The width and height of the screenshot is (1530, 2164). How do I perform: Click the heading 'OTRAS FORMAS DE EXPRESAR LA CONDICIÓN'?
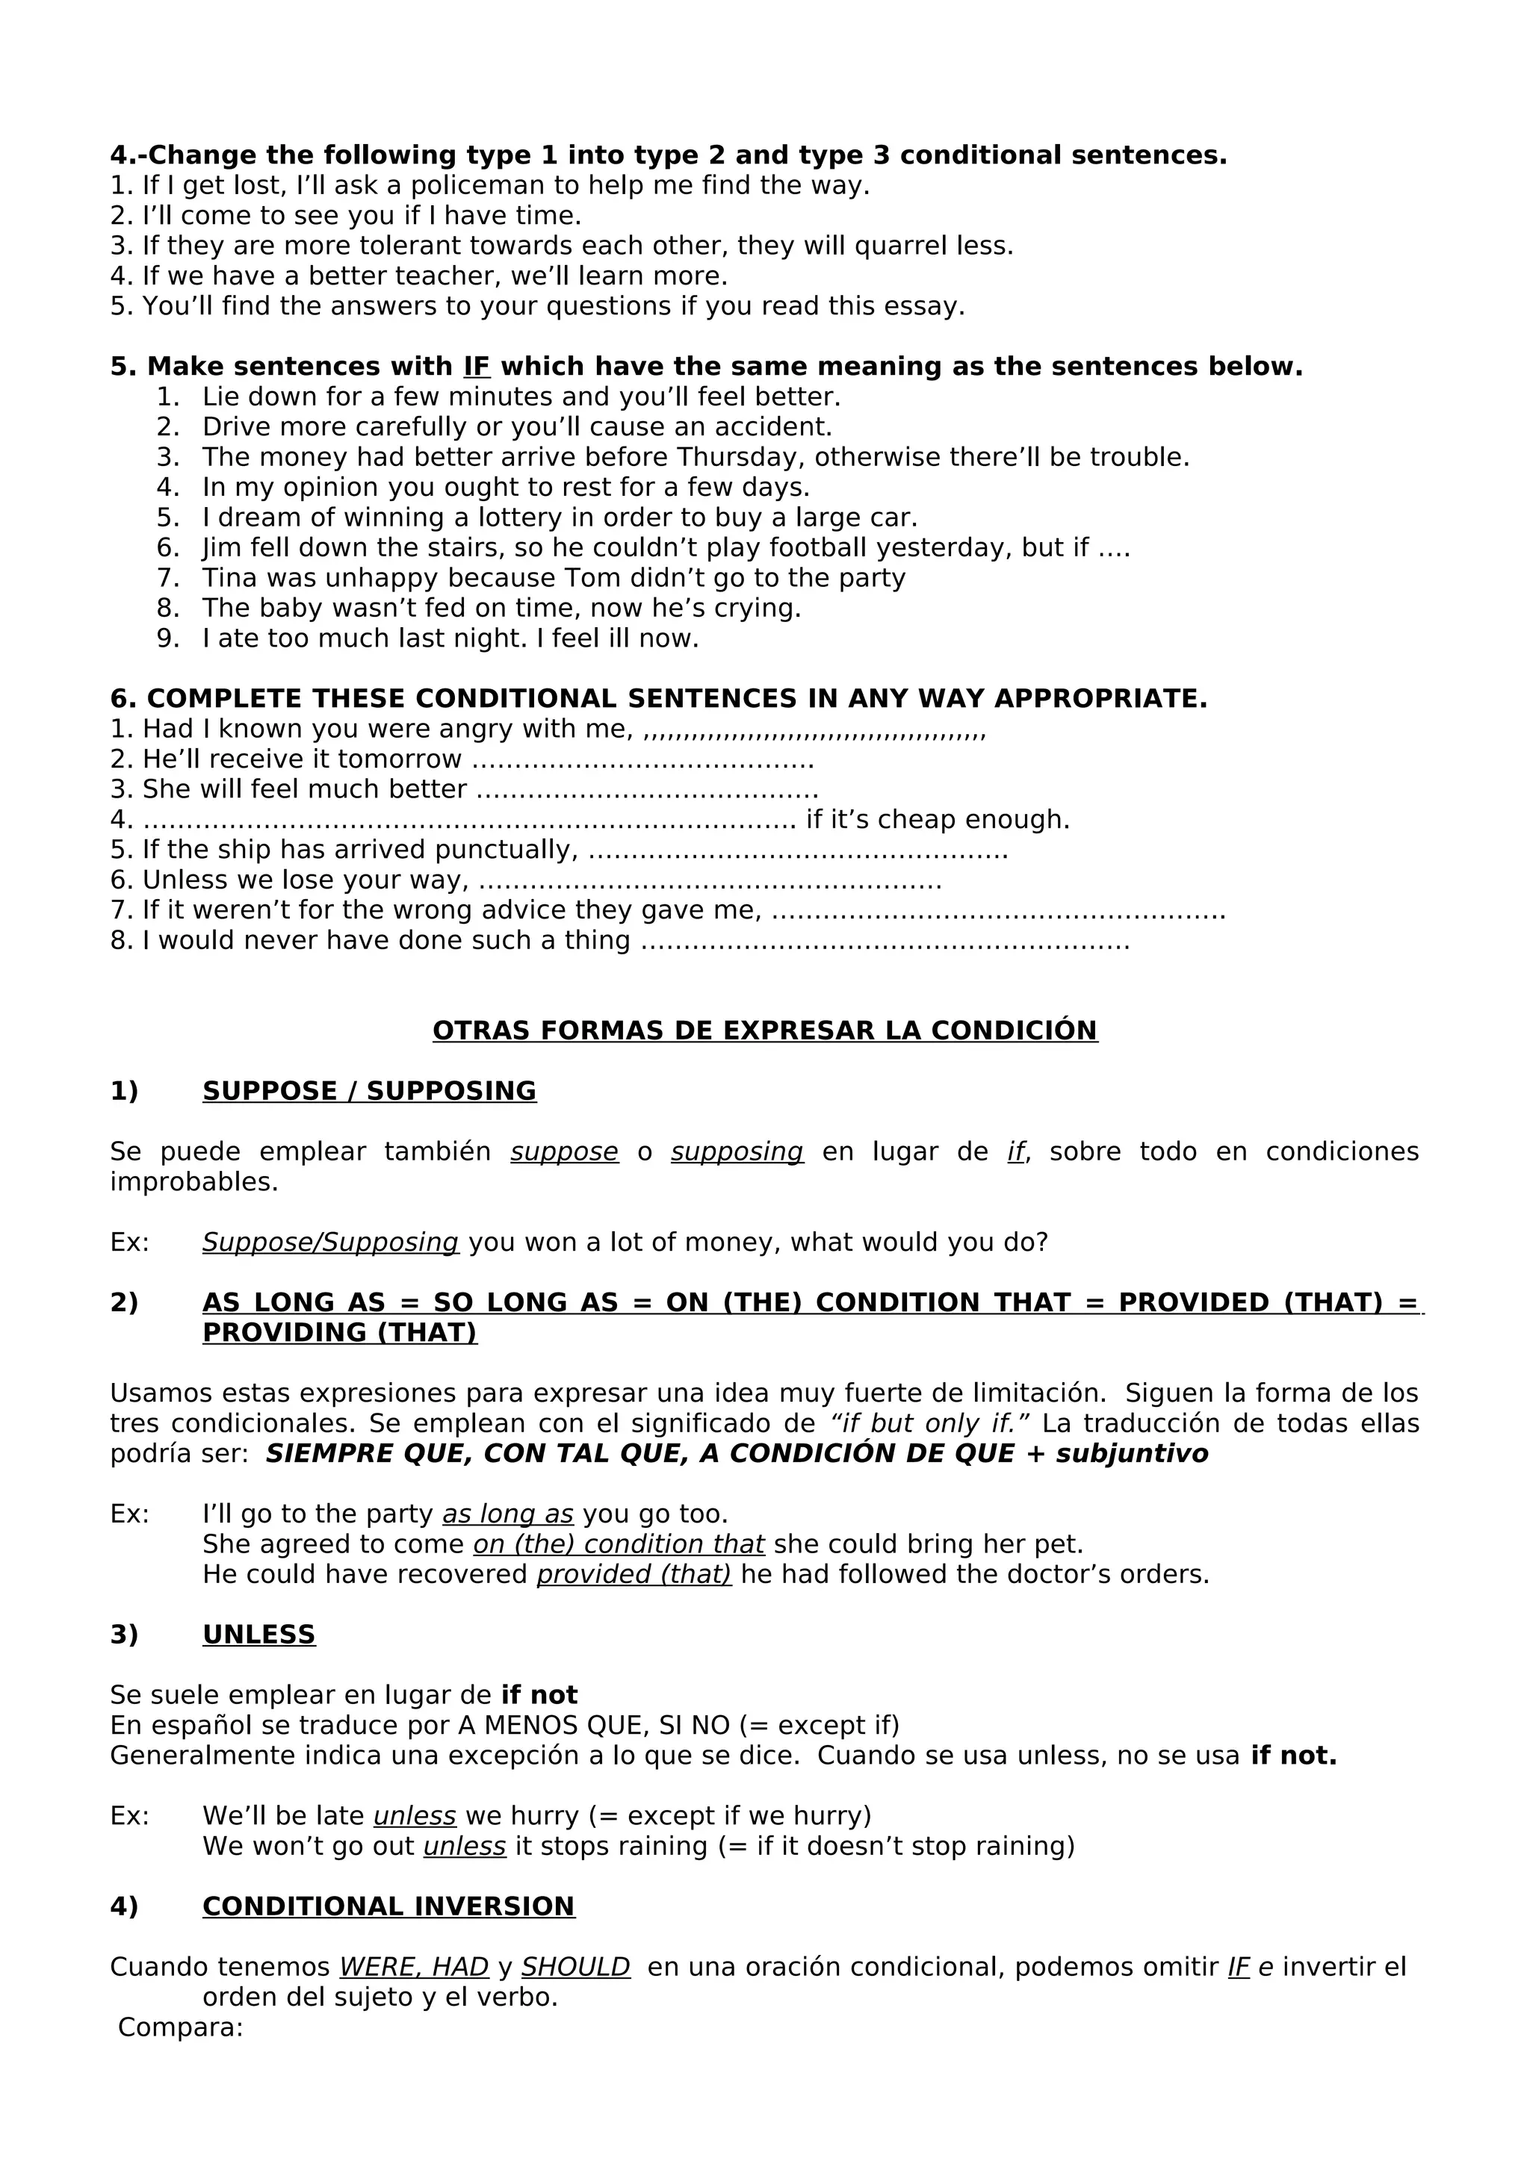click(764, 1030)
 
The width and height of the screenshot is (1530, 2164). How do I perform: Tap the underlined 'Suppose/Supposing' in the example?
click(330, 1243)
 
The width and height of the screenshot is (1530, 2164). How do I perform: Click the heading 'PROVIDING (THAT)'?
click(339, 1333)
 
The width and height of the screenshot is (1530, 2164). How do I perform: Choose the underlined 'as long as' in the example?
click(507, 1514)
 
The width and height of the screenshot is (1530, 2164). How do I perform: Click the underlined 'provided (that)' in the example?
click(634, 1574)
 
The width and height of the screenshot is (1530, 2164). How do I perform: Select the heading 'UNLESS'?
click(258, 1635)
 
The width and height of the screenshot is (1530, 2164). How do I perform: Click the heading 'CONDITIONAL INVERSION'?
click(388, 1906)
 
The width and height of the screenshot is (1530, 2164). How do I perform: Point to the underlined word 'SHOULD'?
click(575, 1967)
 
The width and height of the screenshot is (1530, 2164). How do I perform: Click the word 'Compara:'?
click(180, 2027)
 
